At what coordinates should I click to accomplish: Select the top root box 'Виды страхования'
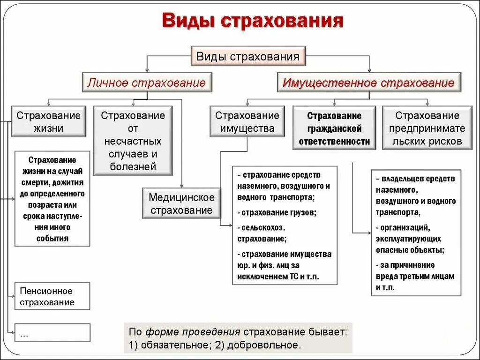point(248,57)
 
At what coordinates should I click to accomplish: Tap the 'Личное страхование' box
point(146,83)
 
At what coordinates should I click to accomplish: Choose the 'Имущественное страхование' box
point(368,83)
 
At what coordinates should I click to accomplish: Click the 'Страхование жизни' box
point(49,122)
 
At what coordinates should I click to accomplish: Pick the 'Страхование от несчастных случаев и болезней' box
point(133,141)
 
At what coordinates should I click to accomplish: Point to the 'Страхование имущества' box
point(247,122)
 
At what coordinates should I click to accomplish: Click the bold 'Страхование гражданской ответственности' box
point(334,128)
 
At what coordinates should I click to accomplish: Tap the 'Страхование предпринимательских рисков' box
point(427,128)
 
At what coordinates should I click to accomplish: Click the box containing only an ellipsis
point(52,332)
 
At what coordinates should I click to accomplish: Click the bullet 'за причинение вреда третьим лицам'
point(415,276)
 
